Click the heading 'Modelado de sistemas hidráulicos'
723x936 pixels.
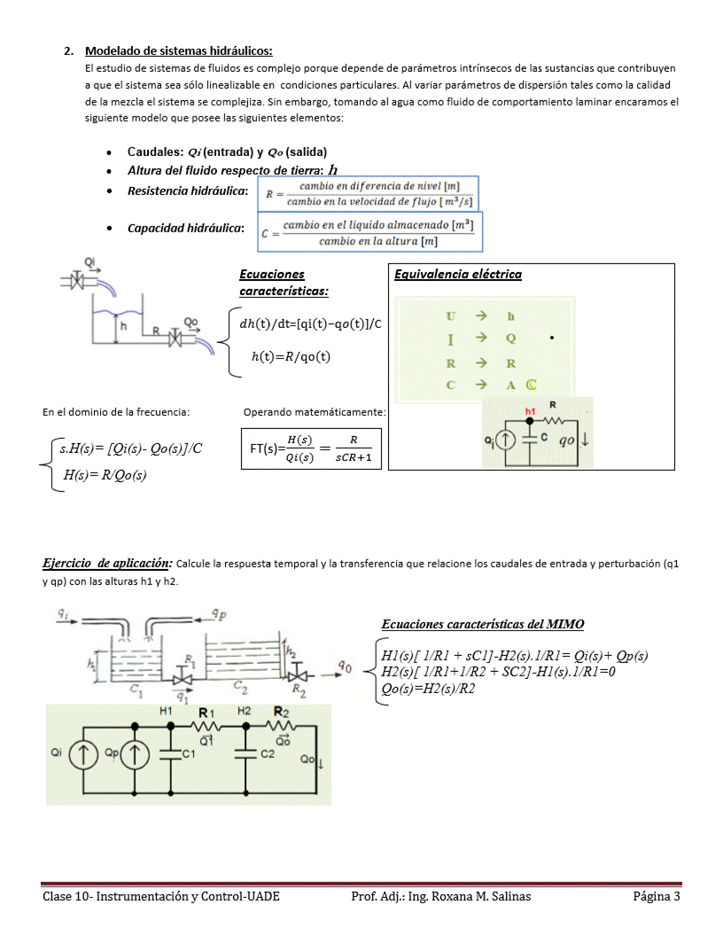click(178, 51)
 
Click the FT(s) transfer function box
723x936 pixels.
click(311, 448)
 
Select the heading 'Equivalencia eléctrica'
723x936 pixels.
click(457, 274)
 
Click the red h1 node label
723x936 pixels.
click(531, 411)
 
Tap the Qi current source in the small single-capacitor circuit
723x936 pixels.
click(505, 441)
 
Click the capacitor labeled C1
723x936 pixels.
click(169, 753)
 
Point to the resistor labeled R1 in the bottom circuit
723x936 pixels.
click(206, 724)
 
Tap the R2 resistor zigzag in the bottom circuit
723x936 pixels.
click(282, 724)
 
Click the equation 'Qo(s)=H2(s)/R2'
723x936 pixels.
click(428, 688)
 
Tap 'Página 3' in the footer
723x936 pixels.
click(657, 896)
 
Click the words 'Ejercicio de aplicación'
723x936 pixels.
click(107, 563)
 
